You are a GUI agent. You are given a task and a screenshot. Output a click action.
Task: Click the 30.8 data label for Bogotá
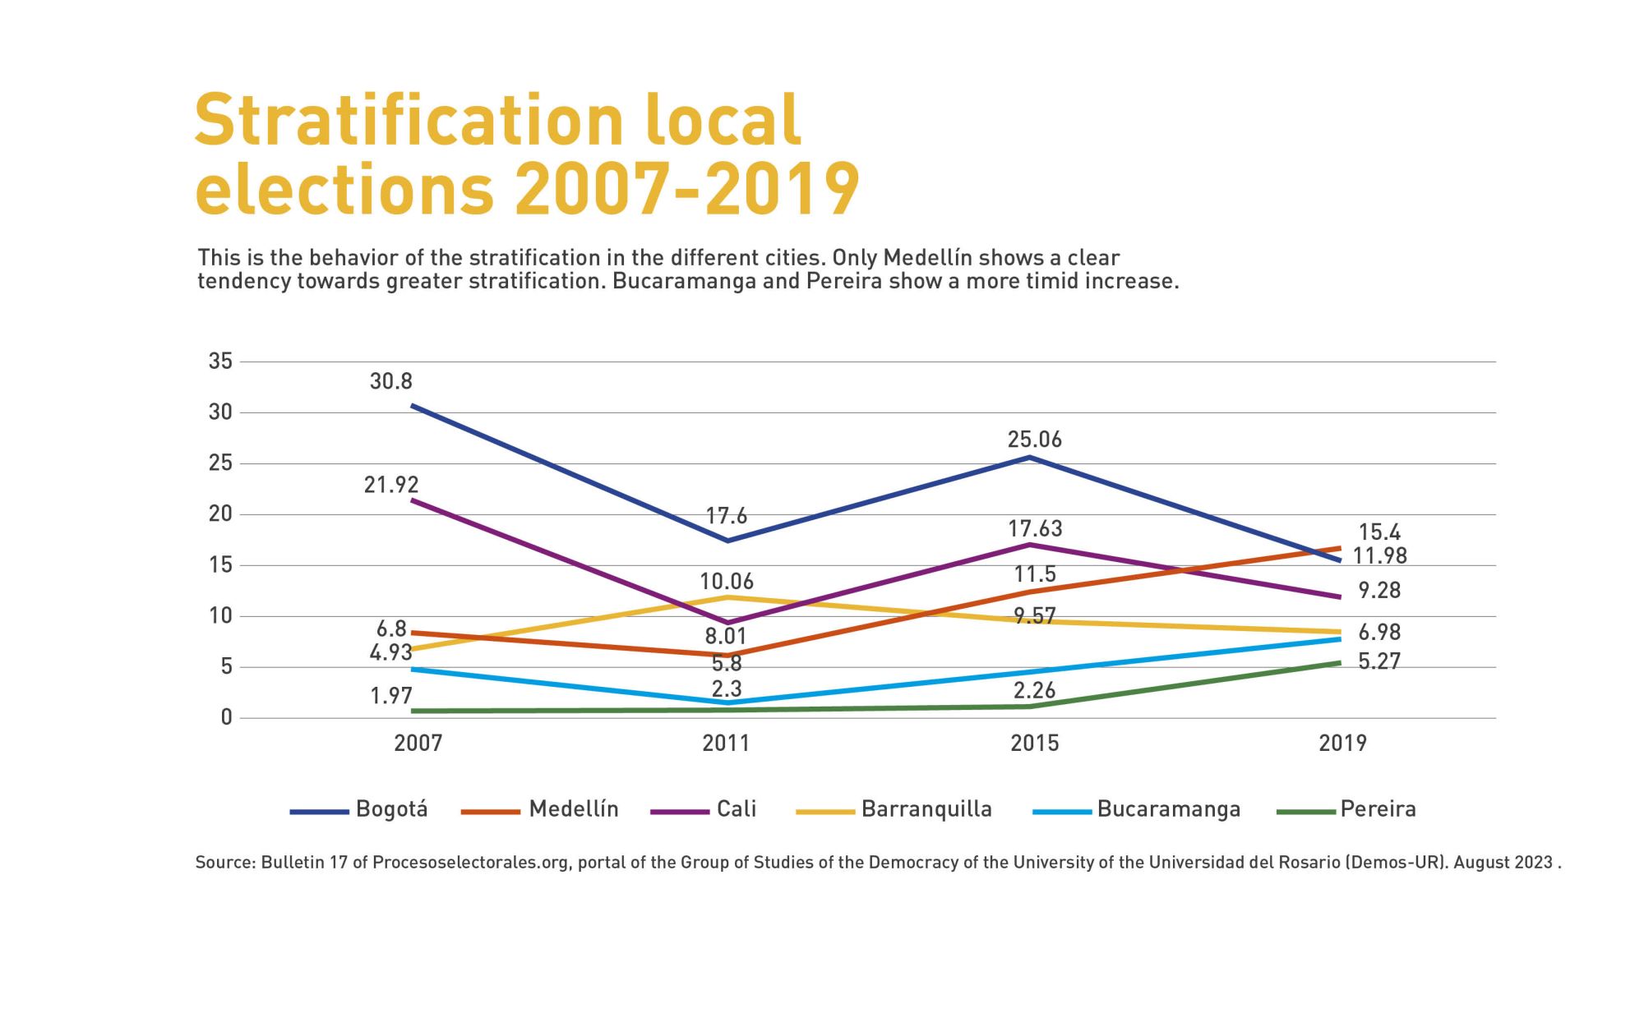[391, 381]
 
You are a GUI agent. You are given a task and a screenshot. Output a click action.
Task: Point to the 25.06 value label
[1035, 440]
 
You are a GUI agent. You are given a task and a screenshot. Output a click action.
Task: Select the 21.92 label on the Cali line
[391, 485]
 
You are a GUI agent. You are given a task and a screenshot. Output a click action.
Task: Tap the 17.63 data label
[1035, 528]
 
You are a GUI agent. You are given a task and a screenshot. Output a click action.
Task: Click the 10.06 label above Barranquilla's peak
[727, 582]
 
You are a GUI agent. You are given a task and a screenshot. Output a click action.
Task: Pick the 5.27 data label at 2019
[1379, 661]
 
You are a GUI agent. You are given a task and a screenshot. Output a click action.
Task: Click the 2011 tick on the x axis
[726, 744]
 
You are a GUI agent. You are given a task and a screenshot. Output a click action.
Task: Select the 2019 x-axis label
[1342, 744]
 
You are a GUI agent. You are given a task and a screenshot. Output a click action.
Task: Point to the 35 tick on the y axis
[220, 362]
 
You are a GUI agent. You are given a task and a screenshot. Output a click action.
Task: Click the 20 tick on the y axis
[220, 514]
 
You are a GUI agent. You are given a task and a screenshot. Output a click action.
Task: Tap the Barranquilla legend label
[926, 809]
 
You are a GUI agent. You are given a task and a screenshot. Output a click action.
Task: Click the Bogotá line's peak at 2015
[1031, 457]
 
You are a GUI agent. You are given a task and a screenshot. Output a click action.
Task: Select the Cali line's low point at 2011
[727, 623]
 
